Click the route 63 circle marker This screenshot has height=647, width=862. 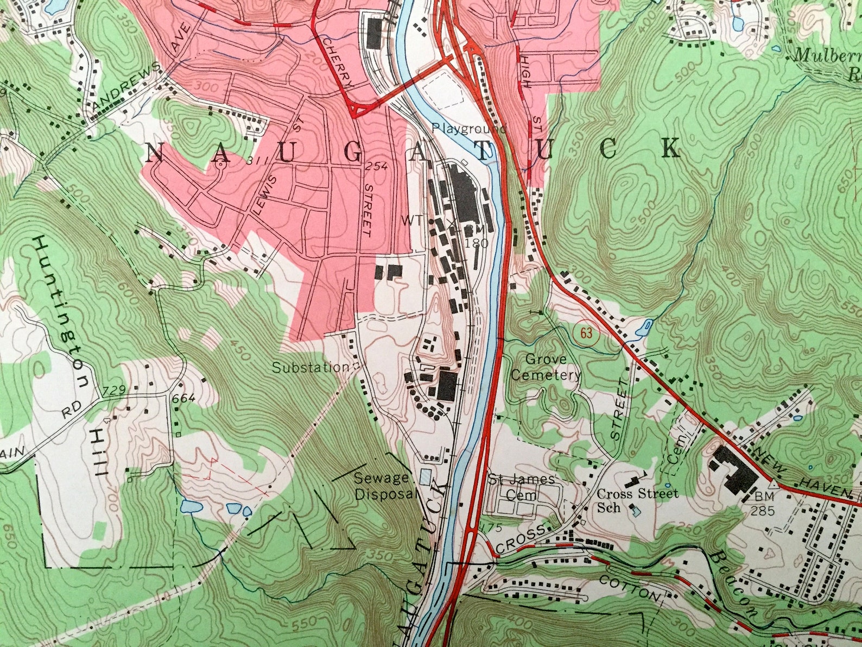point(586,334)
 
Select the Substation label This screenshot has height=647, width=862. point(310,368)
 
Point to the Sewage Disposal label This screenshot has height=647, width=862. point(383,486)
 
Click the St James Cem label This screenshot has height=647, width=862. point(522,487)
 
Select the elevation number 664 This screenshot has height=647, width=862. point(183,399)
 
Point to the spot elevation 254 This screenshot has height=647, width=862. point(376,166)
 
